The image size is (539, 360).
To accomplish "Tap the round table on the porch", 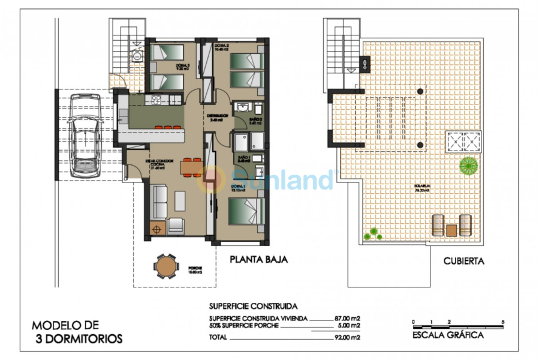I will [165, 266].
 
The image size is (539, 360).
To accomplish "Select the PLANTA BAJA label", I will [259, 260].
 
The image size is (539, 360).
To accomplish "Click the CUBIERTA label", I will [463, 261].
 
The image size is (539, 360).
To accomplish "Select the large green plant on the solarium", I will [468, 163].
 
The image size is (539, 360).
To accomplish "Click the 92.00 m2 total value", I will [347, 337].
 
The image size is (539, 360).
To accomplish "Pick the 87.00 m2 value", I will [347, 319].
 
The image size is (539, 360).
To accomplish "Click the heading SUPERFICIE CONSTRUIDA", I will [252, 306].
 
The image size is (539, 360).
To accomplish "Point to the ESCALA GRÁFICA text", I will [448, 335].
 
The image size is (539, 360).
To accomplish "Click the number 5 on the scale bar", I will [502, 322].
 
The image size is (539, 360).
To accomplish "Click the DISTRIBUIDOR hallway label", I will [215, 116].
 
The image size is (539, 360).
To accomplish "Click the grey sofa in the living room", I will [160, 202].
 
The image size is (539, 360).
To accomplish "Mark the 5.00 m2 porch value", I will [348, 325].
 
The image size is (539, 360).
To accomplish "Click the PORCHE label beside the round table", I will [194, 269].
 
